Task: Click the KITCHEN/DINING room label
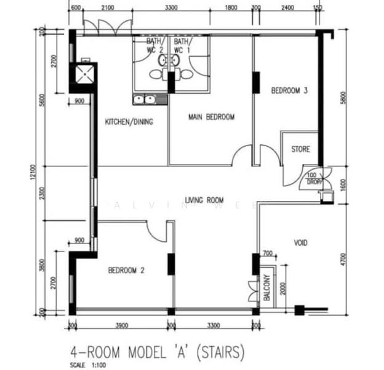(129, 121)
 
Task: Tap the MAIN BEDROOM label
(211, 117)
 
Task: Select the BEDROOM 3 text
(289, 90)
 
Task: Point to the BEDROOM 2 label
(126, 269)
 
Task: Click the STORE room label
(301, 149)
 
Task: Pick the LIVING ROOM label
(204, 200)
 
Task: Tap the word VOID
(300, 243)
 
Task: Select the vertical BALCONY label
(267, 287)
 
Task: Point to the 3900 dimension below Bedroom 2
(121, 324)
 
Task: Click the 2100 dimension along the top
(107, 7)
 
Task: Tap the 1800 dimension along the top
(231, 7)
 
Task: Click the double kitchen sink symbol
(143, 99)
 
